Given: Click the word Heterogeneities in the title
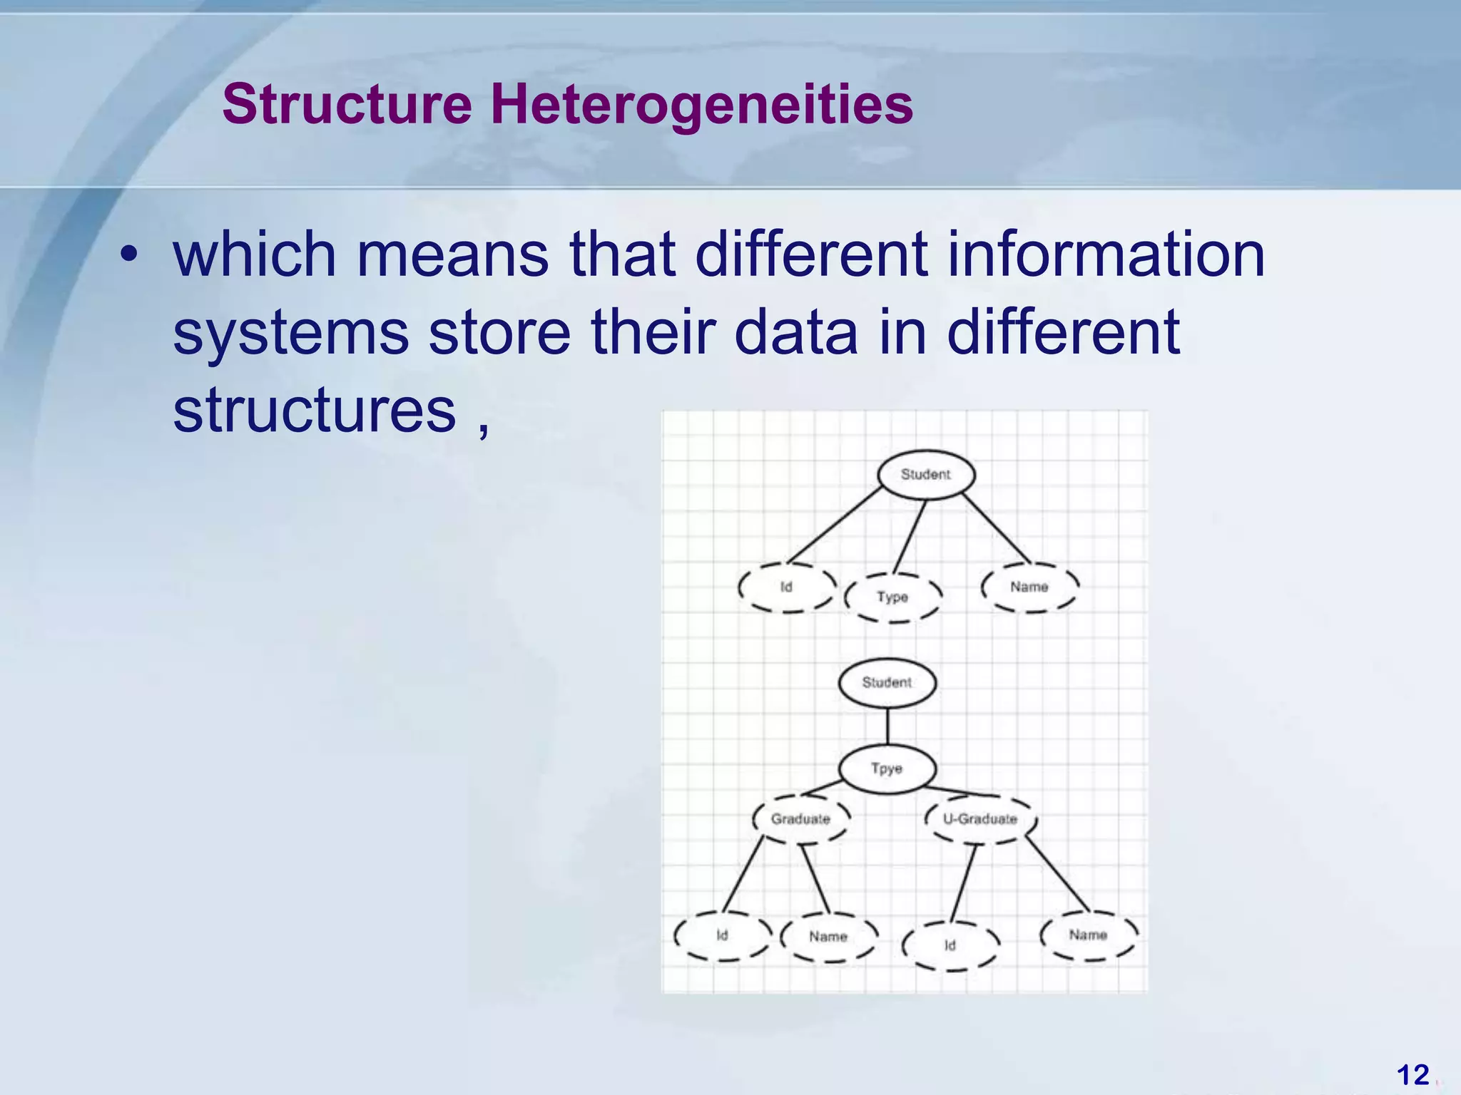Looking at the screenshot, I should (x=701, y=105).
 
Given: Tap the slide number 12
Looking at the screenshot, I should (x=1412, y=1074).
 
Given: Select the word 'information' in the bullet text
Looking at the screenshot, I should (x=1105, y=255).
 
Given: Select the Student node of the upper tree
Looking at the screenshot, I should (x=925, y=474).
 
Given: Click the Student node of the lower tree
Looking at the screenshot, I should (x=887, y=682).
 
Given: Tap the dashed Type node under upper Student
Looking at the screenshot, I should (x=892, y=597).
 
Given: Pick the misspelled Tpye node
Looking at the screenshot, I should (x=887, y=768).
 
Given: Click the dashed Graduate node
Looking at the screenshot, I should (x=800, y=818).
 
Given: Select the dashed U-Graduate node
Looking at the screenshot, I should (x=979, y=818).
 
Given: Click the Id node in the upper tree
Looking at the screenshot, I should (x=786, y=587).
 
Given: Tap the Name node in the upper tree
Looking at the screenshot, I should (x=1029, y=587).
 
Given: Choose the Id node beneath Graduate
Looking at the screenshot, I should (x=722, y=935).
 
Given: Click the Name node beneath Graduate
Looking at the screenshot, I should (x=828, y=936).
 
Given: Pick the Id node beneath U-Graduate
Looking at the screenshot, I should (x=950, y=945).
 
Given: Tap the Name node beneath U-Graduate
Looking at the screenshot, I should (x=1088, y=935).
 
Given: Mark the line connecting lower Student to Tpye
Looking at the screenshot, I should (x=887, y=727).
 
